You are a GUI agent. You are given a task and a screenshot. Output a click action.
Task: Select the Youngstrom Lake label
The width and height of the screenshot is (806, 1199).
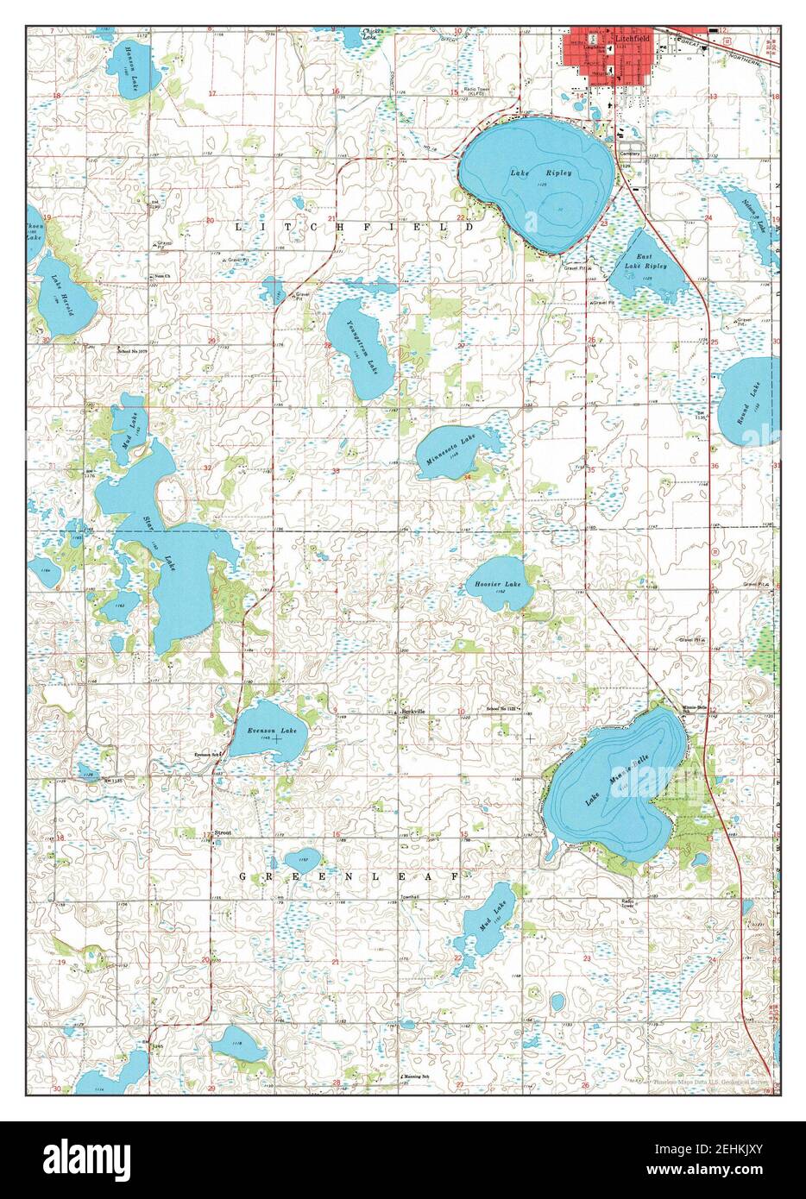[x=361, y=346]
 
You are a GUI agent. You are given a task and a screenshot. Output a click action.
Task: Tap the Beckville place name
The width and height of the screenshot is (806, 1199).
[x=416, y=711]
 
